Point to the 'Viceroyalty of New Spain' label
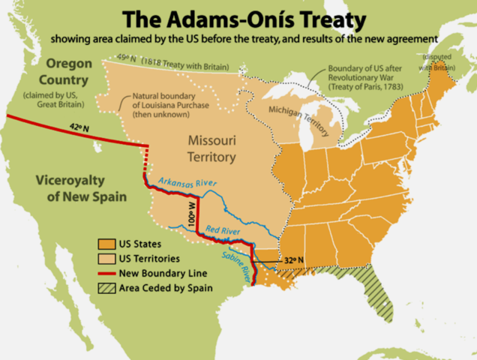(71, 188)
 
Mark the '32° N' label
(294, 259)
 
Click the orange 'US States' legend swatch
(104, 244)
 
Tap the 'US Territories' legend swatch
(104, 258)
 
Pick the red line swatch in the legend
(104, 273)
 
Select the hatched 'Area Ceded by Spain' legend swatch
(104, 287)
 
